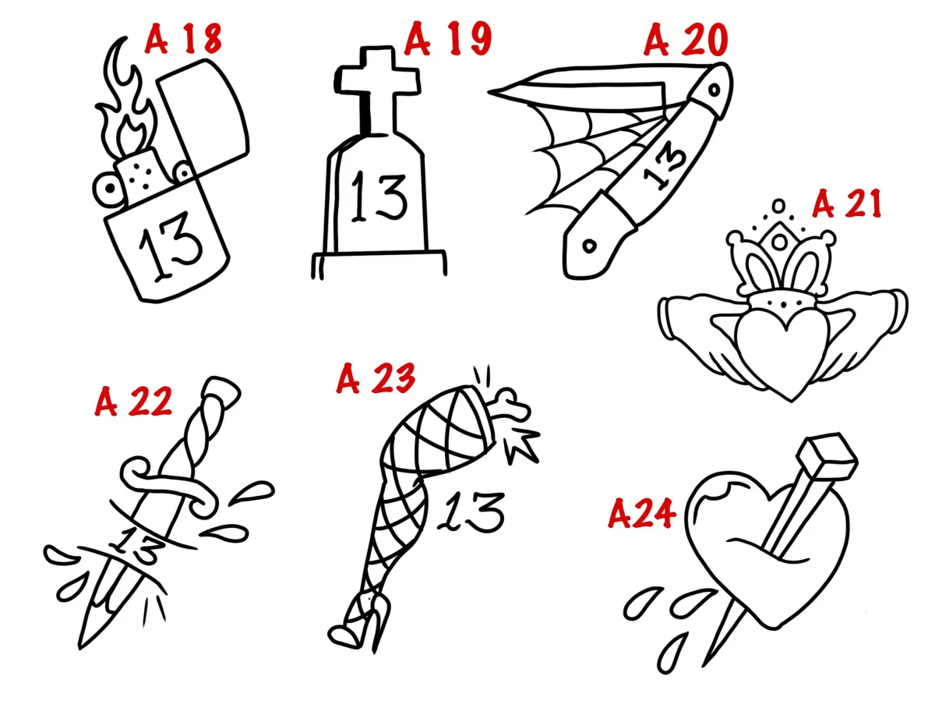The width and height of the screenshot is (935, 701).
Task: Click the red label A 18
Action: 184,39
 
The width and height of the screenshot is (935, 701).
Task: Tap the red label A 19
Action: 448,40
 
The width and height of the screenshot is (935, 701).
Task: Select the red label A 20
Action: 686,40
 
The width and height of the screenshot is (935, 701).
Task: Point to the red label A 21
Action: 846,204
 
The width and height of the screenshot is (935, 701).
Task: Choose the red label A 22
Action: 133,402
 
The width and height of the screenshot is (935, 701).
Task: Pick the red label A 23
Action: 376,378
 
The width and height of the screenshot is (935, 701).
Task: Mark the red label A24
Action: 641,514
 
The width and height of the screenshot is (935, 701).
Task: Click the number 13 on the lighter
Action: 171,246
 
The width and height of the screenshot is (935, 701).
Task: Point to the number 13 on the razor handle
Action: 664,165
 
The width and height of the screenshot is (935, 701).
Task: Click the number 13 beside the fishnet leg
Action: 471,512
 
